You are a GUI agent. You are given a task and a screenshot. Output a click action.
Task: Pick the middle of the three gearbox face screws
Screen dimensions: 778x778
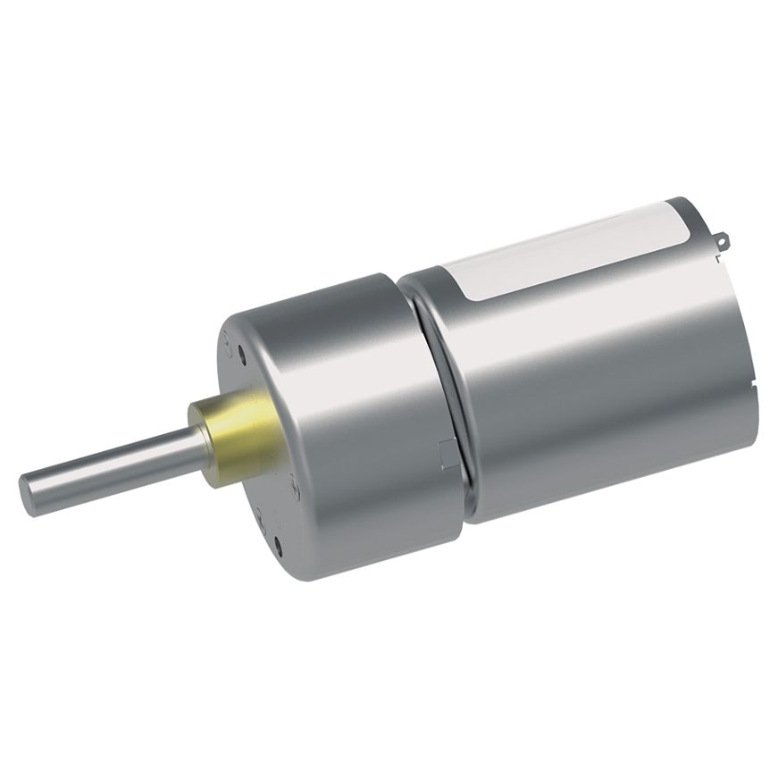click(x=295, y=485)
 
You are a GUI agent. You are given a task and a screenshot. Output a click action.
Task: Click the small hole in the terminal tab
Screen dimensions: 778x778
click(x=723, y=239)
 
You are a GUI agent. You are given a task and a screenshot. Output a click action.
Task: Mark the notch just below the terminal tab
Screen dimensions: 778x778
click(x=716, y=260)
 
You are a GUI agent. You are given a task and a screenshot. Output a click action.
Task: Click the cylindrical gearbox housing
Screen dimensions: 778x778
click(x=357, y=420)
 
